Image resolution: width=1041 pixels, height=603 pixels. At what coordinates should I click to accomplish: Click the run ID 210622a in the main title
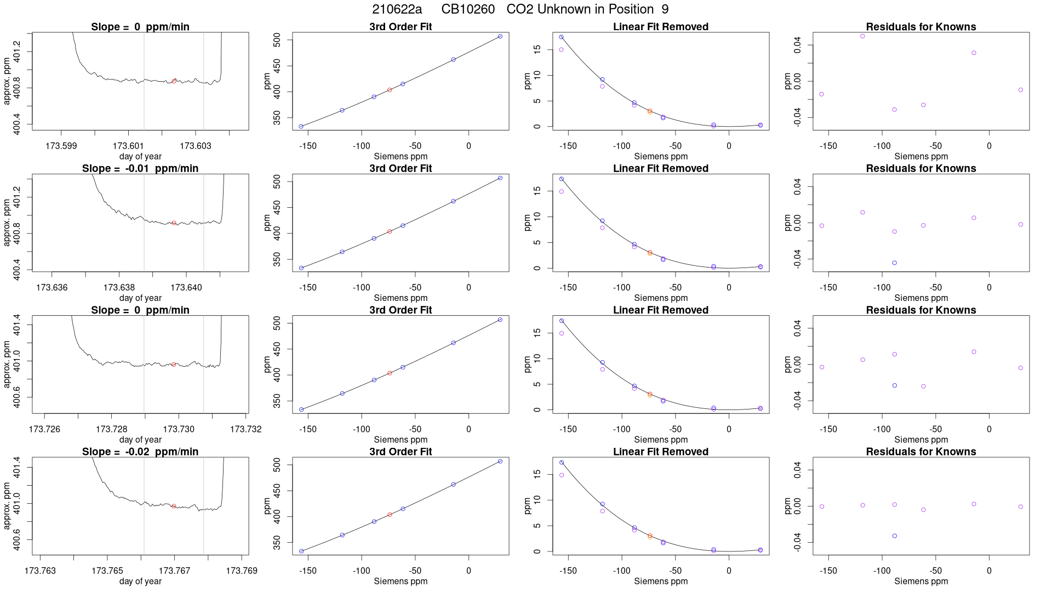(x=397, y=9)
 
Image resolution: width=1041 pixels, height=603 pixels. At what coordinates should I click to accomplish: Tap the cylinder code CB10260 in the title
(x=468, y=9)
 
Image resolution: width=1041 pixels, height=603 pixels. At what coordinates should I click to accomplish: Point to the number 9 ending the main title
(x=665, y=9)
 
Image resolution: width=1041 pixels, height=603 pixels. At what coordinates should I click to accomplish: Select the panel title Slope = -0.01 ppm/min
(x=140, y=168)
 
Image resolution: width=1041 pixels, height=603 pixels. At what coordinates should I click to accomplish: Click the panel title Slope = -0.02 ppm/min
(x=140, y=452)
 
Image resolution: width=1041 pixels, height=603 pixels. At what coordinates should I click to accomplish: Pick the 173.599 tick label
(x=61, y=146)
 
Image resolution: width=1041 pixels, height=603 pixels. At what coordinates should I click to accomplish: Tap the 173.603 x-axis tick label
(x=196, y=146)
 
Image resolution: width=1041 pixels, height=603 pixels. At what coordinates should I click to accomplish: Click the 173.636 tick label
(x=52, y=287)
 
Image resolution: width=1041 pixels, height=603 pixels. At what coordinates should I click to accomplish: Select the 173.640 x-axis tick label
(x=186, y=287)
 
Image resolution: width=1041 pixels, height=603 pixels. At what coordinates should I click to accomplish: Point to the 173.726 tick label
(x=44, y=429)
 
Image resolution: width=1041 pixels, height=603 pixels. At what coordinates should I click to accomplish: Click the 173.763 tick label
(x=40, y=571)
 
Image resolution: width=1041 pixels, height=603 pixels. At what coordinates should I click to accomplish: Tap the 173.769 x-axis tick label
(x=242, y=571)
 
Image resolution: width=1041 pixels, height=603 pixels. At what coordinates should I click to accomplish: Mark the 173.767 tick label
(x=174, y=571)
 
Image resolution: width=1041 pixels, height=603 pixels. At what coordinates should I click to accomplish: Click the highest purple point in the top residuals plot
(x=862, y=36)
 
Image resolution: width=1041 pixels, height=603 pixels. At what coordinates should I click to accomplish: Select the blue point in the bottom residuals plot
(x=895, y=536)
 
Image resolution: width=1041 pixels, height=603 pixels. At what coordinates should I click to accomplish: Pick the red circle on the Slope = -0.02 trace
(x=174, y=506)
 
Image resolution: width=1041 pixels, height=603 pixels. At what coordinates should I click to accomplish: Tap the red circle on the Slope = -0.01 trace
(x=174, y=223)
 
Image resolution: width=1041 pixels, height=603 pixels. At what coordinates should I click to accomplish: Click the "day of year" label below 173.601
(x=140, y=156)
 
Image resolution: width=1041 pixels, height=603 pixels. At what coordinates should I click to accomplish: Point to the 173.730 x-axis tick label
(x=179, y=429)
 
